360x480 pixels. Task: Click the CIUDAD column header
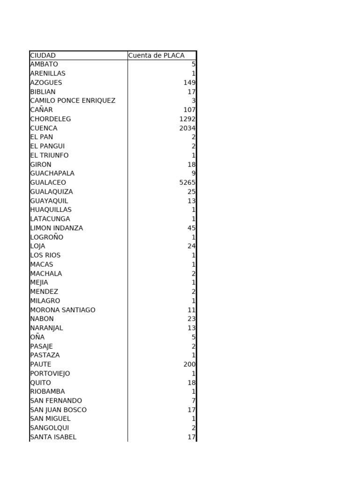coord(43,55)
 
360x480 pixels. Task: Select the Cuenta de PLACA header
coord(156,55)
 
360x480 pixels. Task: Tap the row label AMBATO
coord(44,64)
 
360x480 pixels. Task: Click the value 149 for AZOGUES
coord(189,82)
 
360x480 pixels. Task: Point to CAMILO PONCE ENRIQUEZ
coord(73,101)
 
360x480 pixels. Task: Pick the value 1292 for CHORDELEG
coord(187,119)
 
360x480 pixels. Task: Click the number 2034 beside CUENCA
coord(187,128)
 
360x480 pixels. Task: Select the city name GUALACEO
coord(48,182)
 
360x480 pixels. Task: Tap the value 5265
coord(187,182)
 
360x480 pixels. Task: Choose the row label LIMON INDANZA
coord(56,228)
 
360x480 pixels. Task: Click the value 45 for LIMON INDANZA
coord(191,228)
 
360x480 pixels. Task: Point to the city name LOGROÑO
coord(46,237)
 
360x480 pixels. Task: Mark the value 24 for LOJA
coord(191,246)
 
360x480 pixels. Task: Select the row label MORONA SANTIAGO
coord(62,310)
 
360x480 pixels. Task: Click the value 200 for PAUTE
coord(189,364)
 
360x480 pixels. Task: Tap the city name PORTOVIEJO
coord(50,374)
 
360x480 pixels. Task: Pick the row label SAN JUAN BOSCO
coord(58,410)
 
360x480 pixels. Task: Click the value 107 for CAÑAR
coord(189,110)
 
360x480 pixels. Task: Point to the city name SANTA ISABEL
coord(53,437)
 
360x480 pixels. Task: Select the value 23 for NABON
coord(191,319)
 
